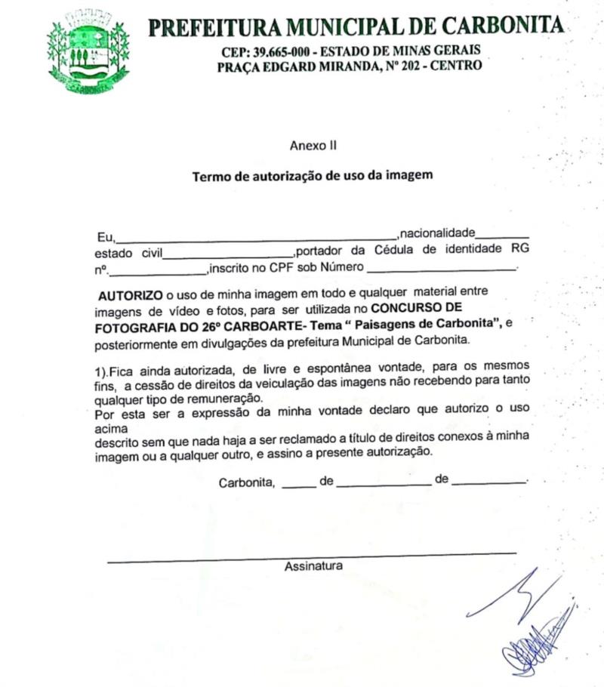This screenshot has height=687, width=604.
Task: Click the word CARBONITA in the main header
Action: (501, 26)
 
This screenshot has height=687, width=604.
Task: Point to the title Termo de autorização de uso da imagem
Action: (312, 177)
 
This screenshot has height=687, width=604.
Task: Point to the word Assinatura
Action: (313, 566)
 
